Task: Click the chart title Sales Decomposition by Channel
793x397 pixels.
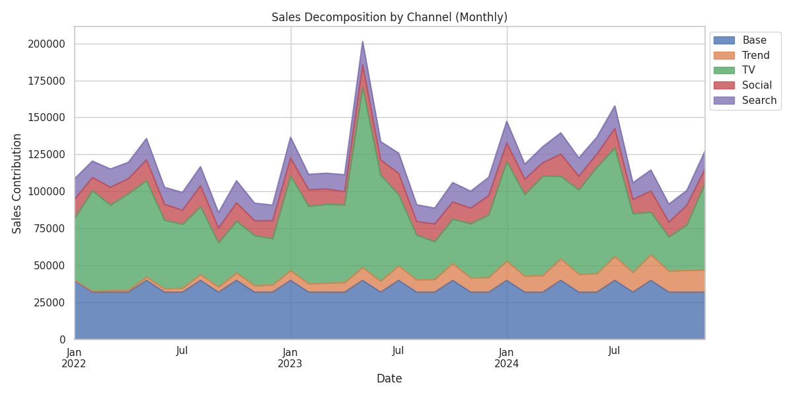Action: [x=389, y=18]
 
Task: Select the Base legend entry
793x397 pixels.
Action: [x=754, y=40]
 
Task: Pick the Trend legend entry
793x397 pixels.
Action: [x=756, y=56]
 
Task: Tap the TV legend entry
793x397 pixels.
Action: [x=748, y=70]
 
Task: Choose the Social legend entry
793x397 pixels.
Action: [x=757, y=85]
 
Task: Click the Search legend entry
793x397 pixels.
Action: [x=759, y=101]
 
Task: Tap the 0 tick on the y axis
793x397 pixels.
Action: [x=61, y=339]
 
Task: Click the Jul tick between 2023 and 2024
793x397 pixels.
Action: [x=398, y=351]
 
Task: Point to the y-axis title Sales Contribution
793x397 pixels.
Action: [x=18, y=183]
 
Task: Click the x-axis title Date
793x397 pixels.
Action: [x=389, y=379]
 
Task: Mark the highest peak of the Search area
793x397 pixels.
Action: [x=362, y=42]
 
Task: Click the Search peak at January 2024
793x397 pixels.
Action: [x=507, y=121]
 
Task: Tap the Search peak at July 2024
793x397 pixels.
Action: [x=615, y=106]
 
